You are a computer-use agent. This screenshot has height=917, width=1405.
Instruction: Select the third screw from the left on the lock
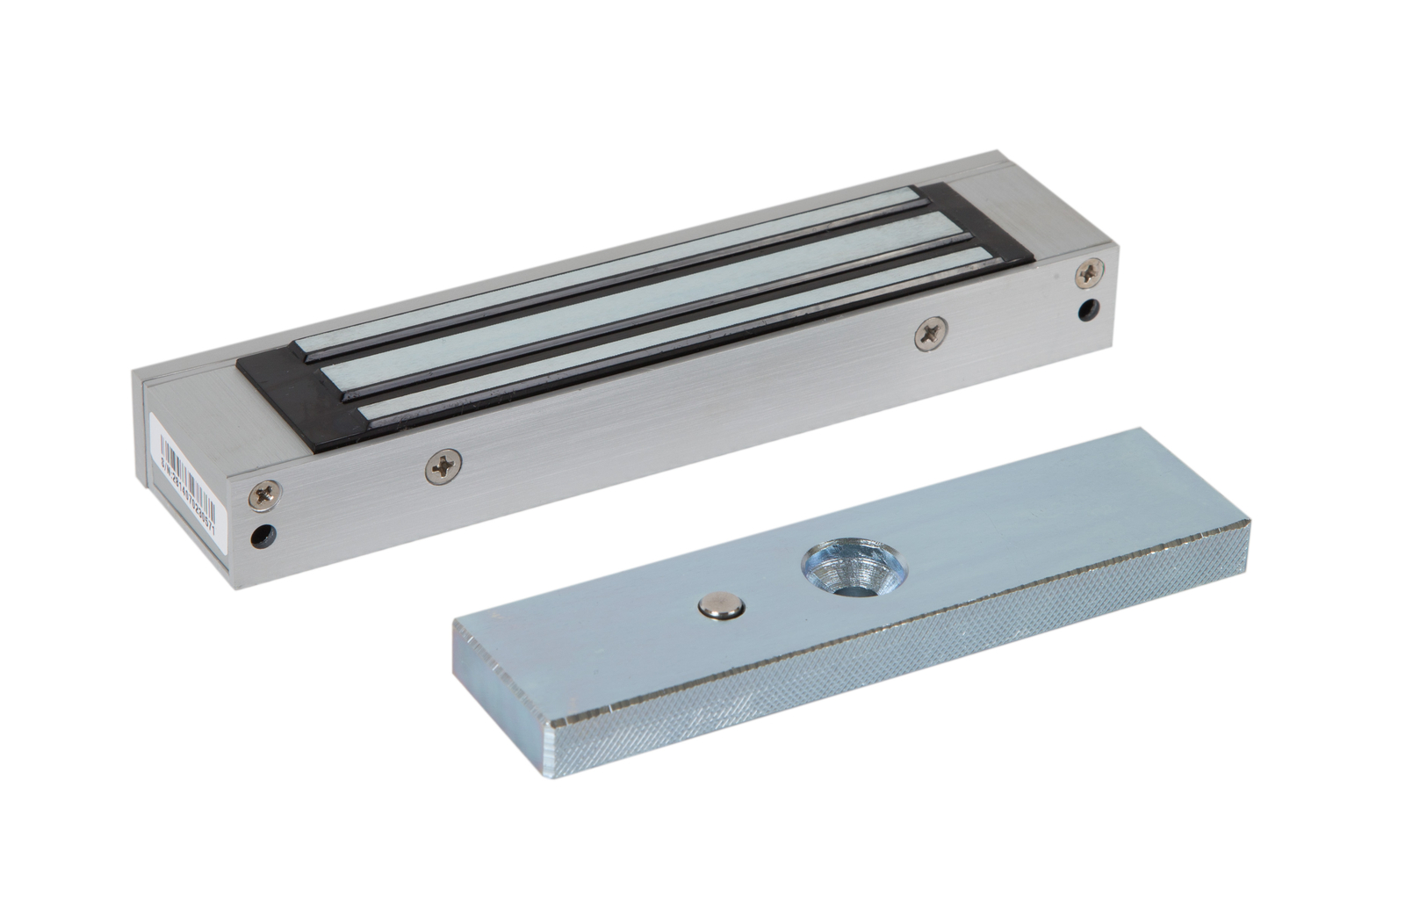point(928,334)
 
